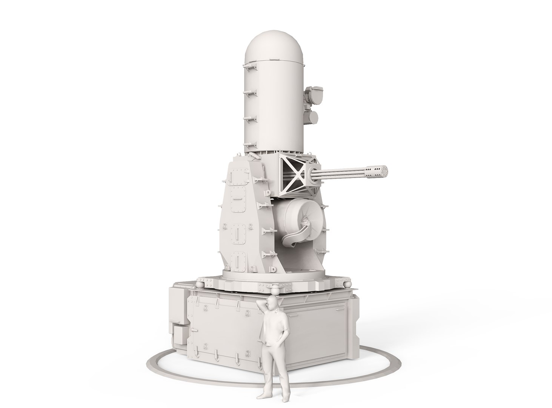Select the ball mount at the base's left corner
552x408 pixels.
pyautogui.click(x=201, y=283)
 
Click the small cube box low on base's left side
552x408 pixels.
pyautogui.click(x=179, y=334)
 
